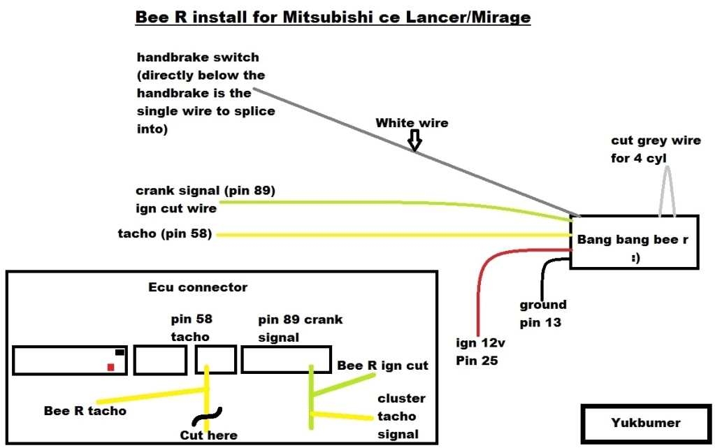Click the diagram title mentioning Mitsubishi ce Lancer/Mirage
333,16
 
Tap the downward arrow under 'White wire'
414,142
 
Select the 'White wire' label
412,123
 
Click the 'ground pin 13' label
543,314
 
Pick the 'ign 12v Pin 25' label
477,352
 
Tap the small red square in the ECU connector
110,367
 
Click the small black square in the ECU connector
120,352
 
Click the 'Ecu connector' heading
198,287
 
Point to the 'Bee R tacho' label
85,411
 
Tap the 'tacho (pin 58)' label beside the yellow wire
165,233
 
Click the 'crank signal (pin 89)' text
206,191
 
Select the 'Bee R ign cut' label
382,366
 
